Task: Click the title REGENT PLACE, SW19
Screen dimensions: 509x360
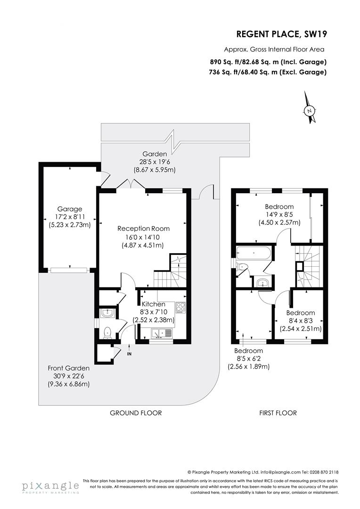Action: (281, 34)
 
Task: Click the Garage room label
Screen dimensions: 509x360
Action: (70, 209)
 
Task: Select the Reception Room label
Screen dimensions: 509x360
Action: (143, 229)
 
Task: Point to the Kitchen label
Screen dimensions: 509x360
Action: (154, 304)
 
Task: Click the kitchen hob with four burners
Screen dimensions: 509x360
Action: (180, 307)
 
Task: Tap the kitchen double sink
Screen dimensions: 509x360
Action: (161, 333)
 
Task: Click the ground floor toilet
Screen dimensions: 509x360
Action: (107, 332)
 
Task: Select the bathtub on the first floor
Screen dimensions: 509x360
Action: (254, 253)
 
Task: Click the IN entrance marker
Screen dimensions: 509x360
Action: (129, 353)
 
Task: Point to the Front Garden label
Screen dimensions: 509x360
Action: (69, 368)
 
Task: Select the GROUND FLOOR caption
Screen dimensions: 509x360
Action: (136, 413)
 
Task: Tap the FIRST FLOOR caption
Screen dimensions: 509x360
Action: (278, 413)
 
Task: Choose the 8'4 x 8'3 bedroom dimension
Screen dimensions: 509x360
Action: (300, 321)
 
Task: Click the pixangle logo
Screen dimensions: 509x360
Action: (50, 486)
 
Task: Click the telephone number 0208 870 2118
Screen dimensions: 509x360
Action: (323, 472)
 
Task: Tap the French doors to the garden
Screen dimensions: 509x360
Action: (131, 184)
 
